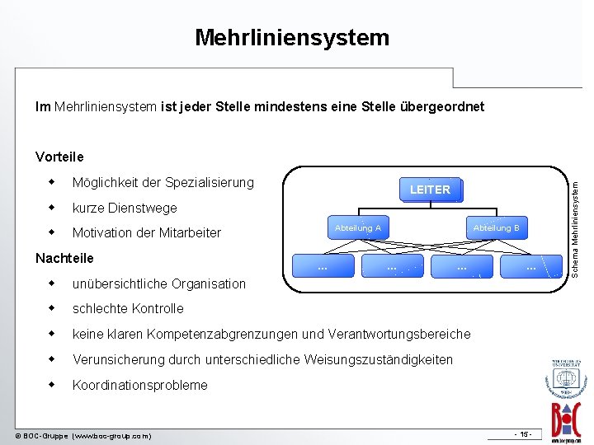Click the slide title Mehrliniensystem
coord(292,37)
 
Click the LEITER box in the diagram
coord(430,190)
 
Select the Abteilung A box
coord(358,227)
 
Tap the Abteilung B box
coord(496,227)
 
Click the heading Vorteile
coord(59,157)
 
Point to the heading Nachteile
coord(64,258)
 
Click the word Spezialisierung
coord(210,182)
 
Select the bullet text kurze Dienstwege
coord(125,208)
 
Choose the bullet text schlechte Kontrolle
coord(128,309)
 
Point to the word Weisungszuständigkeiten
coord(378,360)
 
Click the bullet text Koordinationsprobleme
coord(140,385)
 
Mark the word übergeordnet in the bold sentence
coord(446,107)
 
